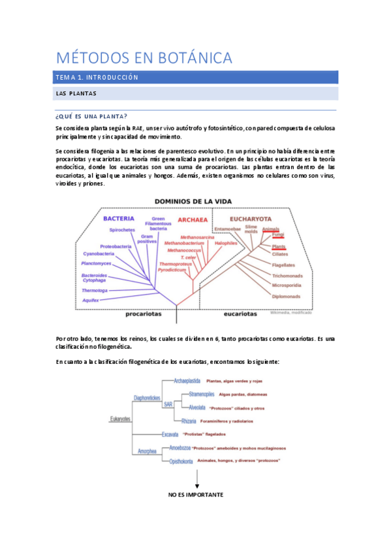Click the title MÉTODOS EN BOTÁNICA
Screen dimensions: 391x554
click(144, 58)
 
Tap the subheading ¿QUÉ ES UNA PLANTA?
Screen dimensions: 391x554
click(91, 116)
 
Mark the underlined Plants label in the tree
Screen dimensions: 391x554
click(279, 246)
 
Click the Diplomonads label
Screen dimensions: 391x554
click(286, 296)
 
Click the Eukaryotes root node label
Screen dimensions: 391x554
click(120, 418)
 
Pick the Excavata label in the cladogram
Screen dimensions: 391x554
click(172, 434)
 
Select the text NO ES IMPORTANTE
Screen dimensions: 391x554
click(196, 495)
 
